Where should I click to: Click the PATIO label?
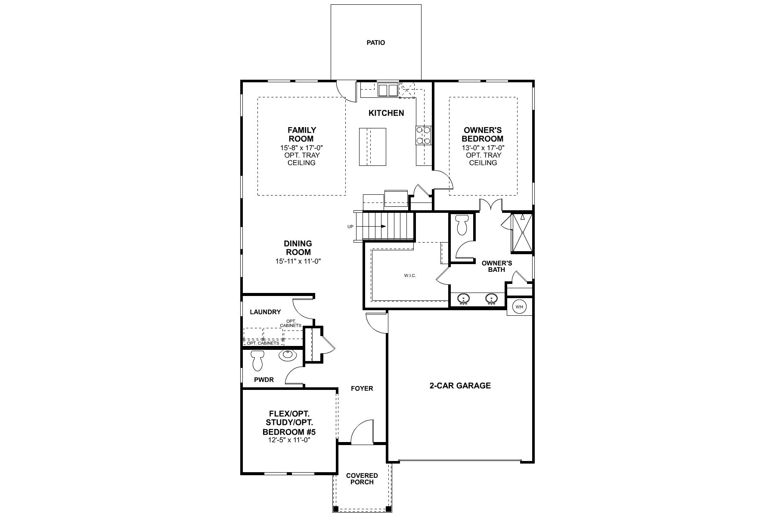(375, 43)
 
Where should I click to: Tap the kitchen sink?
(388, 90)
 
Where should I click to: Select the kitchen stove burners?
(423, 135)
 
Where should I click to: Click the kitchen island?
(372, 146)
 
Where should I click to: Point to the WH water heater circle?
(519, 307)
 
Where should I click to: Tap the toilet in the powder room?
(257, 361)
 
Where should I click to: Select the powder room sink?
(287, 355)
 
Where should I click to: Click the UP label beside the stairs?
(350, 227)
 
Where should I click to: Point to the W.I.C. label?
(410, 276)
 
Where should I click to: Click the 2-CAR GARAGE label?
(460, 386)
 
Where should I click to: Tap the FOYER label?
(362, 389)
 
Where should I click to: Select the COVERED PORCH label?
(362, 479)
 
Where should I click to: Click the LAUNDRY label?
(265, 312)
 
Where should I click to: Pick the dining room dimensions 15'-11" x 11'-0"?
(298, 261)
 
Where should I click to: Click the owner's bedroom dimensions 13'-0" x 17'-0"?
(483, 147)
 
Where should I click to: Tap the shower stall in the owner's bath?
(521, 233)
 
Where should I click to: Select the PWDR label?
(263, 380)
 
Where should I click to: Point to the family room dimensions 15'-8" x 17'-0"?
(301, 147)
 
